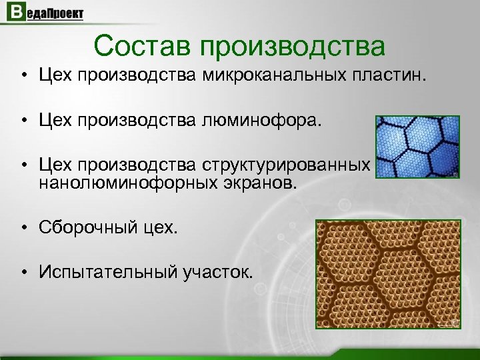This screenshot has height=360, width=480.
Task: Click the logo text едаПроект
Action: click(x=53, y=15)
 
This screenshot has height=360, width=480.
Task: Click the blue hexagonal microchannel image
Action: click(x=417, y=147)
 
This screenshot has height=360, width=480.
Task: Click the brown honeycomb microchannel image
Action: click(x=388, y=274)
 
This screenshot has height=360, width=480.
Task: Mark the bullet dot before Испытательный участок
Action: click(x=24, y=272)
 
